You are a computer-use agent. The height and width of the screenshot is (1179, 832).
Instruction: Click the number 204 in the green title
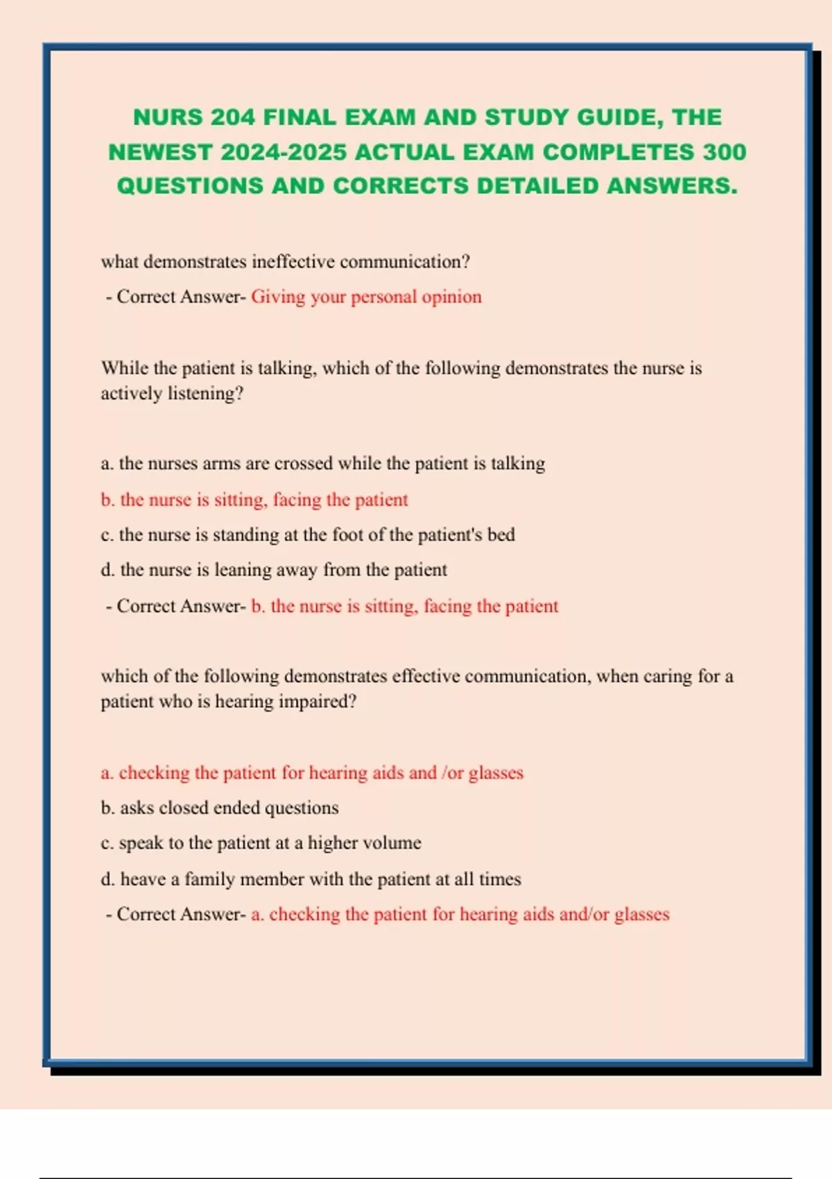[233, 117]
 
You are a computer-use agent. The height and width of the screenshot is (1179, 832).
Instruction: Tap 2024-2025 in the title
[283, 152]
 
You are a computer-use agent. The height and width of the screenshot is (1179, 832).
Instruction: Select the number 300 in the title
[724, 152]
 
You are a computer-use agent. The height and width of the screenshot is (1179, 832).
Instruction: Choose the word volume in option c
[393, 843]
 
